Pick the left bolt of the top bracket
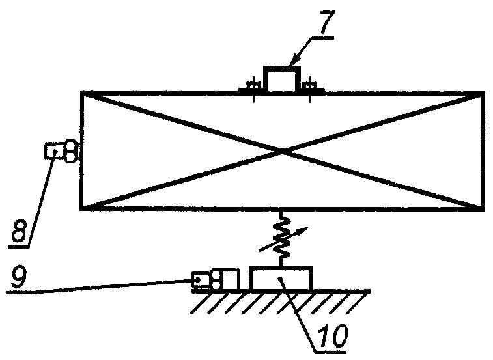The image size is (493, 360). point(253,85)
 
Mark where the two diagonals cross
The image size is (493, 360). point(282,151)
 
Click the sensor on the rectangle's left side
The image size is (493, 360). point(61,152)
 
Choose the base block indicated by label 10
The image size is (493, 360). point(281,278)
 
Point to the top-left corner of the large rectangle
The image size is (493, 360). point(81,94)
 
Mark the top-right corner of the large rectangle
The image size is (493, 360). point(483,94)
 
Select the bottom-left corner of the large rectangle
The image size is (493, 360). point(81,208)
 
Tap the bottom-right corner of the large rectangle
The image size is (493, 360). point(483,208)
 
